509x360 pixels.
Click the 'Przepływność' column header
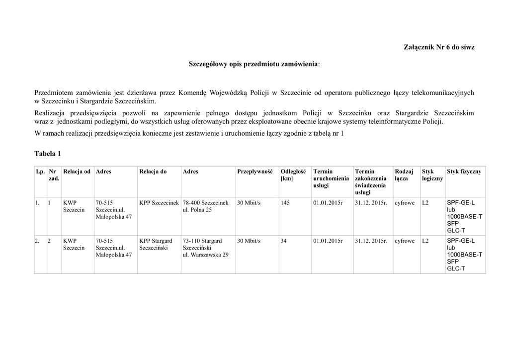[x=255, y=172]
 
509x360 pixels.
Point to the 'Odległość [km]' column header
[x=293, y=175]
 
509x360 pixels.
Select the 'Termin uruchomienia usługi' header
[x=331, y=178]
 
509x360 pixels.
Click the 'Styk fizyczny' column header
[x=464, y=172]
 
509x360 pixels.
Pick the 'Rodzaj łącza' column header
[x=404, y=175]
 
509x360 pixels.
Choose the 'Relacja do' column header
[x=153, y=172]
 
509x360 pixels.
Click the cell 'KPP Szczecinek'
[x=159, y=203]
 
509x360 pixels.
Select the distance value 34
[x=284, y=241]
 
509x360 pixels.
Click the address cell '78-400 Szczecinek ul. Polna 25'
[x=205, y=206]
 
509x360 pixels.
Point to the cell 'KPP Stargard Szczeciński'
[x=156, y=244]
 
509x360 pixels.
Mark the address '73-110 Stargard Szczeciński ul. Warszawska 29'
[x=205, y=248]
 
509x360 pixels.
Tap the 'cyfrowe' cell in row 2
[x=404, y=241]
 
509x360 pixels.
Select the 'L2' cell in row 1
[x=425, y=203]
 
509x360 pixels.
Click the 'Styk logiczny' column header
[x=432, y=175]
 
